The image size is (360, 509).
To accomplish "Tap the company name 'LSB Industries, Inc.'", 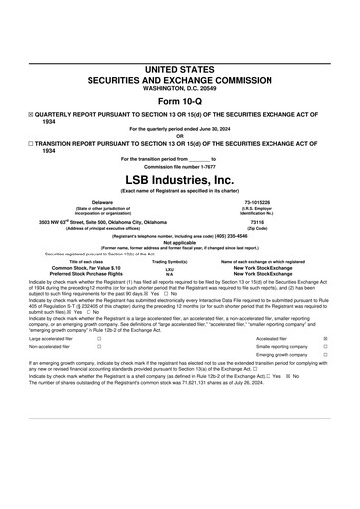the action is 179,176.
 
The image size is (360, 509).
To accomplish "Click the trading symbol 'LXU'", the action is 169,268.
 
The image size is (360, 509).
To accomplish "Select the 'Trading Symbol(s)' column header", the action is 169,261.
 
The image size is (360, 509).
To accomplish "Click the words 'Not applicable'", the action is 179,242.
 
